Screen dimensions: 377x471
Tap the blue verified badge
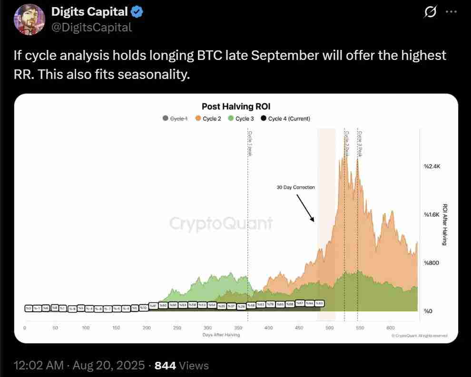pos(135,12)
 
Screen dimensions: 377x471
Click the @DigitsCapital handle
pos(91,28)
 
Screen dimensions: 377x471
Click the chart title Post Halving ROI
pos(236,106)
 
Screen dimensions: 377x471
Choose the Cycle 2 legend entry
pos(208,118)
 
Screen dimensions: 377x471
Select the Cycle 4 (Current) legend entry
pos(285,118)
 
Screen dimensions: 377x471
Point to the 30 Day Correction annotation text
pos(295,187)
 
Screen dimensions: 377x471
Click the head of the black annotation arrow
pos(313,221)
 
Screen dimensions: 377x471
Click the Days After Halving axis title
pos(221,335)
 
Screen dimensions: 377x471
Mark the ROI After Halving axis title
pos(445,225)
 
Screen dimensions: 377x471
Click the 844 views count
pos(166,366)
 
